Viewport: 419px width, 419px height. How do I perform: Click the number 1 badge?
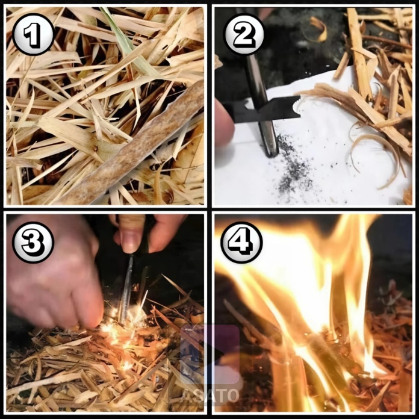coord(33,34)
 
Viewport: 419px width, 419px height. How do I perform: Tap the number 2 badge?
coord(244,34)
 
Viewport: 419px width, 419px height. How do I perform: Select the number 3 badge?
coord(33,243)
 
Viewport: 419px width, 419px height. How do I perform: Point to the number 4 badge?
coord(241,243)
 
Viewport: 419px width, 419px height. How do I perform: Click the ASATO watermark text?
coord(209,396)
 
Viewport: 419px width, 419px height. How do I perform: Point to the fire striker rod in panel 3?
coord(126,288)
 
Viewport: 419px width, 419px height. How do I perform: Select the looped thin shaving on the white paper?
coord(374,158)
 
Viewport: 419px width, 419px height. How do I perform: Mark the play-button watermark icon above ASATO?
coord(209,354)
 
